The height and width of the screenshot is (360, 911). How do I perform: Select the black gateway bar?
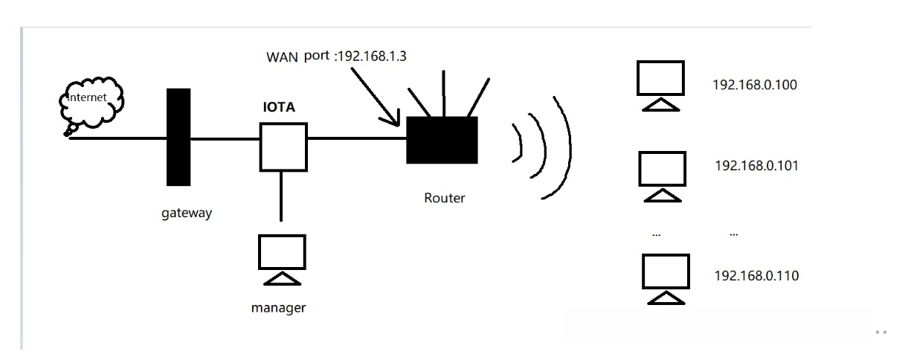(177, 137)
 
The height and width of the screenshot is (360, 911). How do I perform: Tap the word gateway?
(187, 213)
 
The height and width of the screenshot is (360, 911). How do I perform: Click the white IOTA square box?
(283, 147)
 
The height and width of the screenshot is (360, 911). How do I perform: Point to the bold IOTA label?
(279, 108)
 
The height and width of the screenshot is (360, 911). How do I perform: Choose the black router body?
(442, 140)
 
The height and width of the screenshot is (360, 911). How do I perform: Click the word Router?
(444, 198)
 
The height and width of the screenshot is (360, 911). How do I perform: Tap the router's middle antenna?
(444, 93)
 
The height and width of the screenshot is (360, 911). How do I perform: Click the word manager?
(279, 306)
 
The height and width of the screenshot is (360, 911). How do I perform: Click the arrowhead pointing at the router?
(395, 119)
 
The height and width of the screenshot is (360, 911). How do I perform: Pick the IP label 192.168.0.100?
(754, 85)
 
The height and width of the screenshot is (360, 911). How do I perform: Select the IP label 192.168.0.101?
(756, 165)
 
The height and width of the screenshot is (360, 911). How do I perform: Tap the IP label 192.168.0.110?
(756, 275)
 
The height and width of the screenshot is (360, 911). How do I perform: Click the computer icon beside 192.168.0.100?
(660, 85)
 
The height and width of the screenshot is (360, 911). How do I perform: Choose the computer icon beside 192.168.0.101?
(662, 175)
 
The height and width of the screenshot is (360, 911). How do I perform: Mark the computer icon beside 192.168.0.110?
(666, 278)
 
